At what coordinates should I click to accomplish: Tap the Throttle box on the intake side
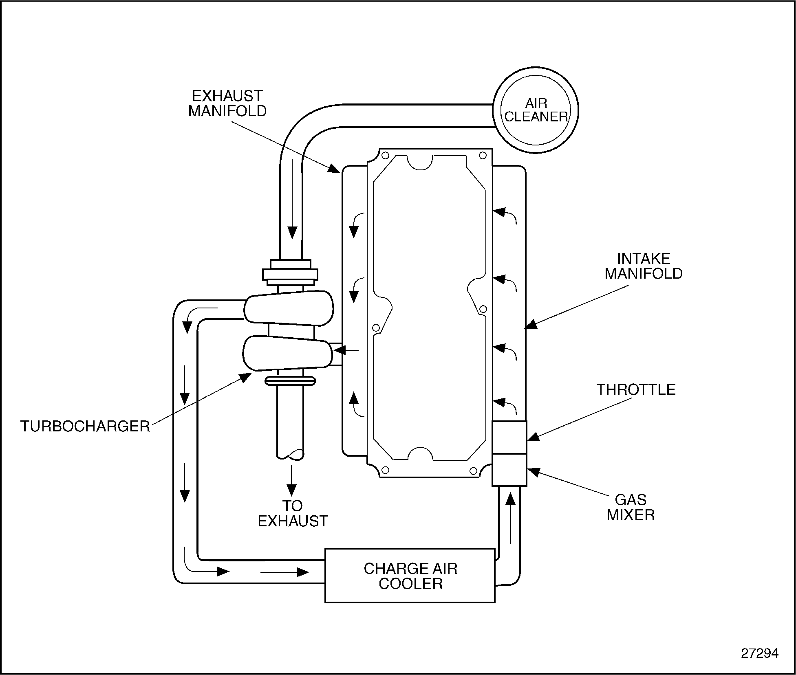coord(509,437)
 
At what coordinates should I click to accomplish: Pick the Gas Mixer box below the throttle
coord(509,470)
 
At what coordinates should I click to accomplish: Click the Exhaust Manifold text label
coord(227,103)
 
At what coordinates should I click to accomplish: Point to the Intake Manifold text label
coord(644,266)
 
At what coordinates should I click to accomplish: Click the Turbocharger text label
coord(85,426)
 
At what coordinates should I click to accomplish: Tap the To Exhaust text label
coord(293,513)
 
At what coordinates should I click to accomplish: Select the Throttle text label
coord(636,389)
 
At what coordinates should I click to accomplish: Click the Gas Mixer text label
coord(631,507)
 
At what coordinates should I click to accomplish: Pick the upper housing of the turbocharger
coord(289,308)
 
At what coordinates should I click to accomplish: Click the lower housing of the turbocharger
coord(288,353)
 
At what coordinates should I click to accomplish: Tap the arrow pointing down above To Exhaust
coord(291,480)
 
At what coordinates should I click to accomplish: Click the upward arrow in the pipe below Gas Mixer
coord(510,518)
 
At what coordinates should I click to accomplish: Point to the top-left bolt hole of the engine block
coord(385,155)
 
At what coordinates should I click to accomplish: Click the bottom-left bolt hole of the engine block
coord(385,471)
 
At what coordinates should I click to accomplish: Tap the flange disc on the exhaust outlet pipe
coord(290,381)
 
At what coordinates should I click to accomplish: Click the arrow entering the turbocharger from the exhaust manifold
coord(346,350)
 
